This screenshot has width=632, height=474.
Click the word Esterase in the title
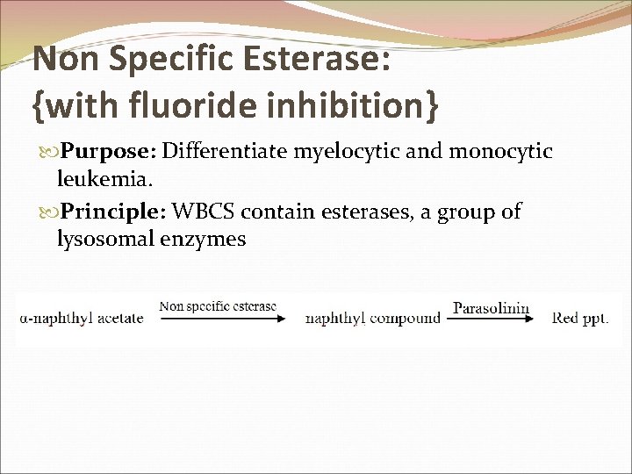coord(311,60)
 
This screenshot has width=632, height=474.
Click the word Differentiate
coord(226,152)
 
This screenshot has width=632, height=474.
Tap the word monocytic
coord(501,152)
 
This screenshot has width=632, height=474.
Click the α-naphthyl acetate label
coord(81,319)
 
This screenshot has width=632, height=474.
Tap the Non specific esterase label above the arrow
coord(218,306)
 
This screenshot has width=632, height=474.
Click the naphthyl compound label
coord(372,319)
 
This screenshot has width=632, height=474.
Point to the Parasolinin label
coord(491,307)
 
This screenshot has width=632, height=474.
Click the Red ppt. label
coord(580,319)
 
